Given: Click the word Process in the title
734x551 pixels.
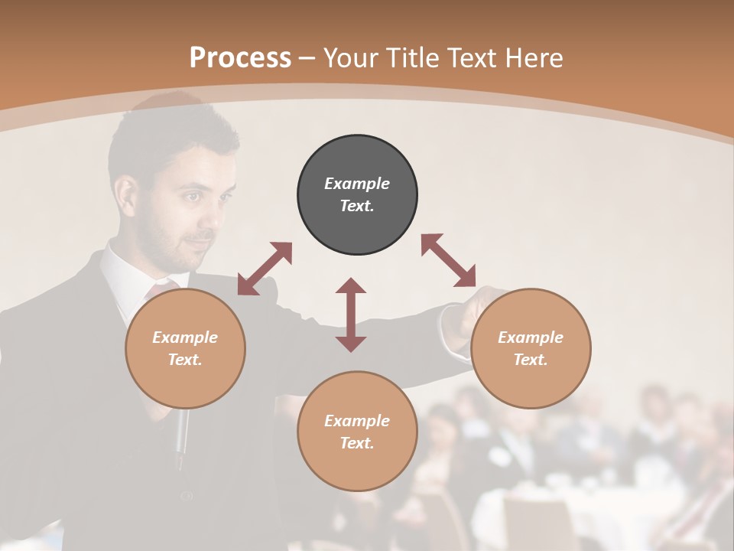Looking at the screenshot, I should [240, 57].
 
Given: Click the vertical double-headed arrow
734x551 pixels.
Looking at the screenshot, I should [351, 315].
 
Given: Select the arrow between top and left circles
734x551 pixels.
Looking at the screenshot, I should [265, 269].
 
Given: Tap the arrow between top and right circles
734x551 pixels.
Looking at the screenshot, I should [449, 260].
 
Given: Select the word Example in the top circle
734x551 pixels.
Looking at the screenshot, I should [357, 184].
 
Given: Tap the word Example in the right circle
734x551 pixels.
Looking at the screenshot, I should [531, 337].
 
